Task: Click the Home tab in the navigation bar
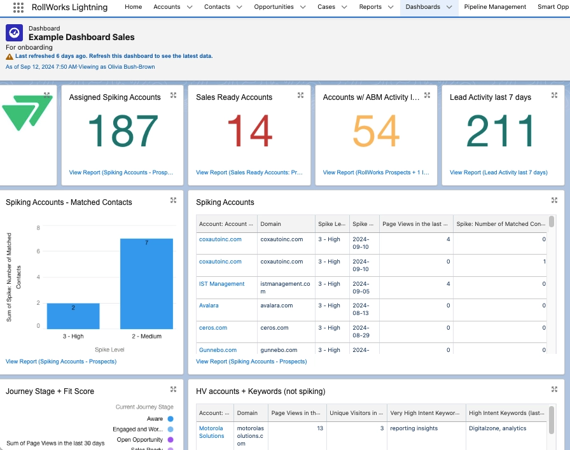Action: pos(133,7)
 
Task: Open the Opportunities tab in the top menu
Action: pos(274,7)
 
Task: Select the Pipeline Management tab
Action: pos(495,7)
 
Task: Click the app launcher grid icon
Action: pos(18,8)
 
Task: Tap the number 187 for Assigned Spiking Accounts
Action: pos(122,132)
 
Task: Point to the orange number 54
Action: pos(376,132)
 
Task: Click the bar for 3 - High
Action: pos(73,316)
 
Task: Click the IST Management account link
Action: pos(221,284)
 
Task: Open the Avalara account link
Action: pos(209,306)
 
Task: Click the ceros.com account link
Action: pos(213,328)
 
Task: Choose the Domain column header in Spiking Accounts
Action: pos(270,224)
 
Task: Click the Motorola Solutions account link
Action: pos(212,432)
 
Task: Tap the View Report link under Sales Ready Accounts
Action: pos(249,172)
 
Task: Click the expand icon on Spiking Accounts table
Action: pos(554,200)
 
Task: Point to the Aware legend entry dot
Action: pos(170,419)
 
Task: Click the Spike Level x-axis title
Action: pos(110,350)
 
